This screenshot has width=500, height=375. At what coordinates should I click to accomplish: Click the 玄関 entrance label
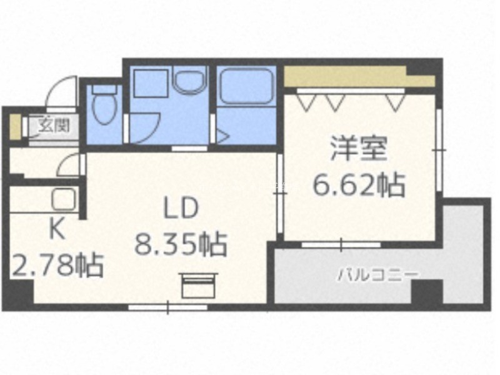coord(54,126)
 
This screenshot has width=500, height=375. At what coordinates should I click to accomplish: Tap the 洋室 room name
coord(359,149)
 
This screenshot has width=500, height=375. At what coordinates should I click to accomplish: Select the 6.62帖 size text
coord(359,184)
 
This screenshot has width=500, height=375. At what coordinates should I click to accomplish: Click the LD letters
coord(181,208)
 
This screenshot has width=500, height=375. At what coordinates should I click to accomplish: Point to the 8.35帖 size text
coord(181,244)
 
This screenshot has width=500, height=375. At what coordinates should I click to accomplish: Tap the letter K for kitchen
coord(57,229)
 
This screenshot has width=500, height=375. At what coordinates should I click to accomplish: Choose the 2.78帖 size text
coord(57,265)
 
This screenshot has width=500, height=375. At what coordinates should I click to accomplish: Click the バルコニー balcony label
coord(377,275)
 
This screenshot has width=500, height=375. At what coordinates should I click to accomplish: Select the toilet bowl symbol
coord(104,104)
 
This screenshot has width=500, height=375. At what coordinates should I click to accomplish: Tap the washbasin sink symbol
coord(189,81)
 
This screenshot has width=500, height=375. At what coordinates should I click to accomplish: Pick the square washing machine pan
coord(151,84)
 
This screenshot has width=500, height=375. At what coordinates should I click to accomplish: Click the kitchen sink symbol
coord(64,199)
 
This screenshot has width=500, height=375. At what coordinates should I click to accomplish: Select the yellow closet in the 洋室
coord(359,76)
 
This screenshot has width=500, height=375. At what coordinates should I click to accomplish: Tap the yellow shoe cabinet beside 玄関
coord(14,127)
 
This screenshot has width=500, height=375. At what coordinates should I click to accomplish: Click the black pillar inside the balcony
coord(427,291)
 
